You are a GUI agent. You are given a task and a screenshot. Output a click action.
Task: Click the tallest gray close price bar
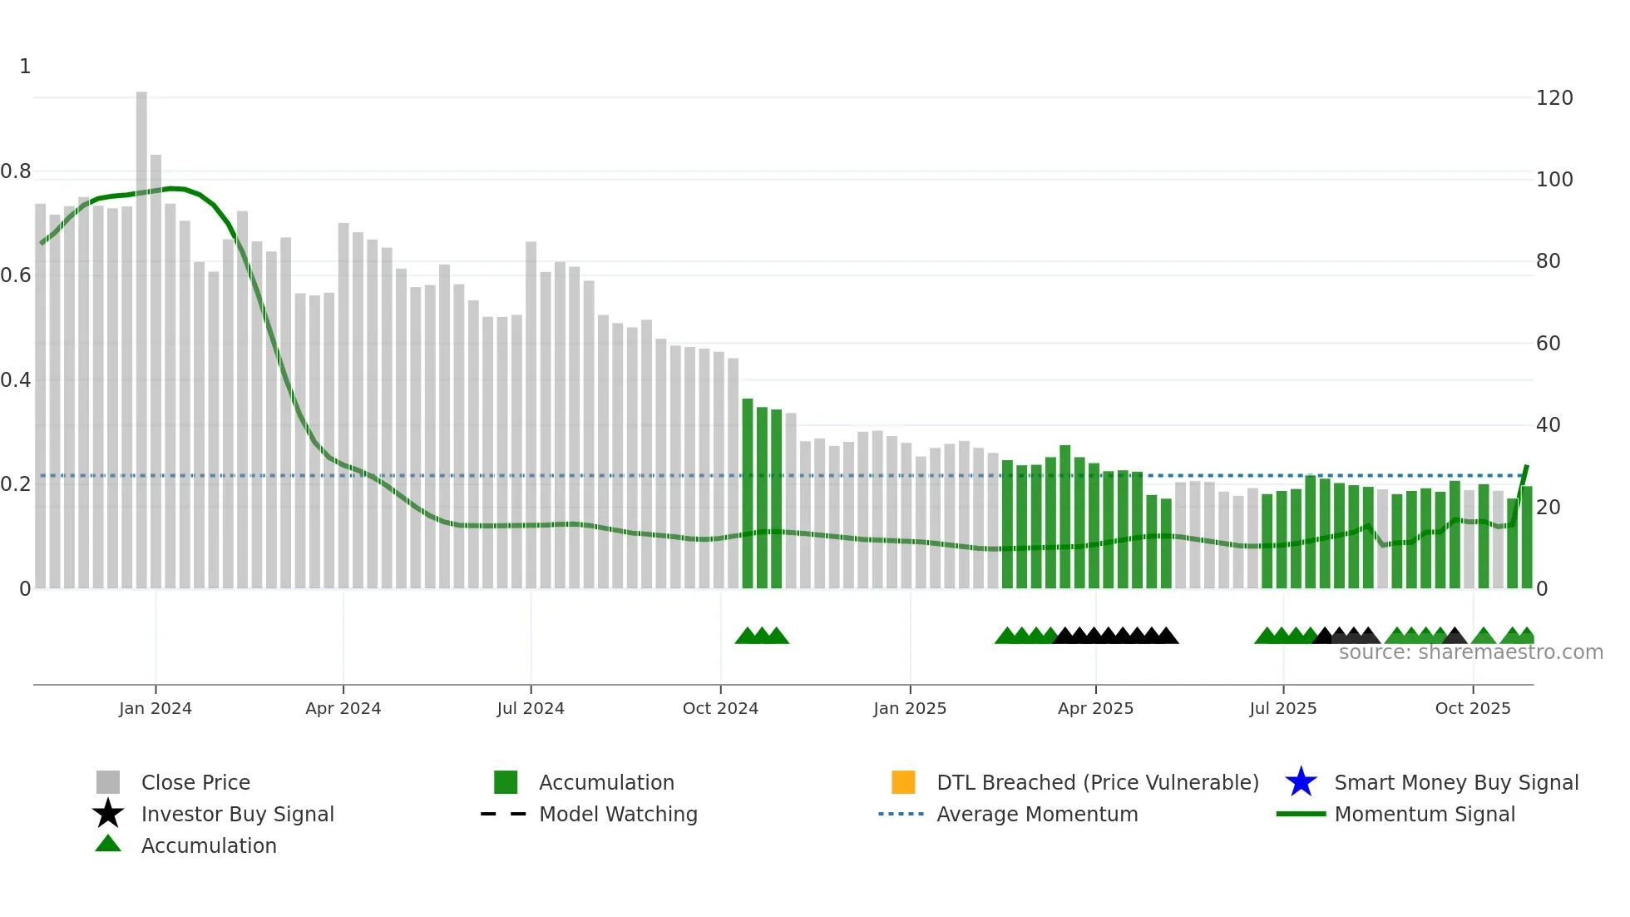pos(141,333)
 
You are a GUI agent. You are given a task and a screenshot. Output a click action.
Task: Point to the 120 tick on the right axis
pos(1553,98)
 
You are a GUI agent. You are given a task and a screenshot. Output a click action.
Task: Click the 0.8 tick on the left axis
pos(16,171)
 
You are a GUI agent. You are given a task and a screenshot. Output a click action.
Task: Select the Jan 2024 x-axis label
pos(155,708)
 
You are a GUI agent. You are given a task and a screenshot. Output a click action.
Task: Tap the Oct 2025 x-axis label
pos(1472,708)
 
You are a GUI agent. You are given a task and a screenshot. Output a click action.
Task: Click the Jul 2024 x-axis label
pos(530,708)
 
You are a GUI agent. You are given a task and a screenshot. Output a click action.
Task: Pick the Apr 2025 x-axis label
pos(1094,708)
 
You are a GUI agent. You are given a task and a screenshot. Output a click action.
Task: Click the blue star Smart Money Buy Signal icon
pos(1301,782)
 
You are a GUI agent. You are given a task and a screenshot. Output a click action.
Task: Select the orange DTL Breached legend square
pos(902,782)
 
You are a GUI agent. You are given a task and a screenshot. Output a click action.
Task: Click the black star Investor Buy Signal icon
pos(108,814)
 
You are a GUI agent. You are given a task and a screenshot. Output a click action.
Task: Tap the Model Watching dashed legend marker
pos(503,814)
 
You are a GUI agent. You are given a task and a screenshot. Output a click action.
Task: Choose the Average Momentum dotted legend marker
pos(901,814)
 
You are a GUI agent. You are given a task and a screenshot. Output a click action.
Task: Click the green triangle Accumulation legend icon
pos(108,844)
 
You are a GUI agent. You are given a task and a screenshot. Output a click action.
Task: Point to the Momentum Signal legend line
pos(1300,814)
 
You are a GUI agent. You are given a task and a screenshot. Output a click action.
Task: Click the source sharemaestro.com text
pos(1470,652)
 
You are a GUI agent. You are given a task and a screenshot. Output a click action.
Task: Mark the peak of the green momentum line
pos(172,188)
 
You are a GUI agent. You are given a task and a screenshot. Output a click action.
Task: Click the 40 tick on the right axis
pos(1548,425)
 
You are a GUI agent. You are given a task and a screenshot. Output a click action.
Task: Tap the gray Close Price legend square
pos(108,782)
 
